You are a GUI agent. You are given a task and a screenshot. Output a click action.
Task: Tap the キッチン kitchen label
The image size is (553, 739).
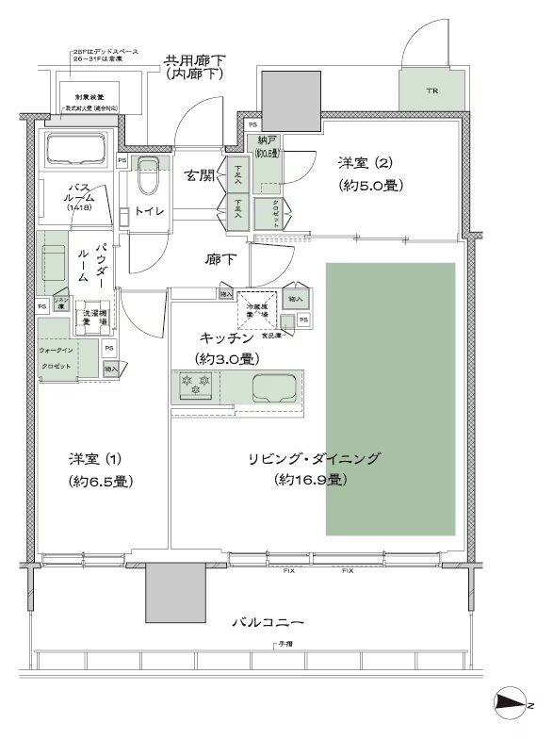[227, 337]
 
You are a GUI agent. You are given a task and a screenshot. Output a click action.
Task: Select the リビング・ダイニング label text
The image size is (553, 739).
[314, 459]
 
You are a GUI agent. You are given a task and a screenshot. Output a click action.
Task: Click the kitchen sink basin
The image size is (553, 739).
[273, 386]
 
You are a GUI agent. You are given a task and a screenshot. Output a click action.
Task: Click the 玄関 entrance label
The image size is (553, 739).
[200, 176]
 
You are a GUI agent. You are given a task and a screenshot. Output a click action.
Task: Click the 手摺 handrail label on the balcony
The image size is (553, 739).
[283, 645]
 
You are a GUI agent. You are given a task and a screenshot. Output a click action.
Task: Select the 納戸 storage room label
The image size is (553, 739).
[267, 140]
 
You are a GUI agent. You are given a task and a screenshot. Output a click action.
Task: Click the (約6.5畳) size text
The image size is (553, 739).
[100, 481]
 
